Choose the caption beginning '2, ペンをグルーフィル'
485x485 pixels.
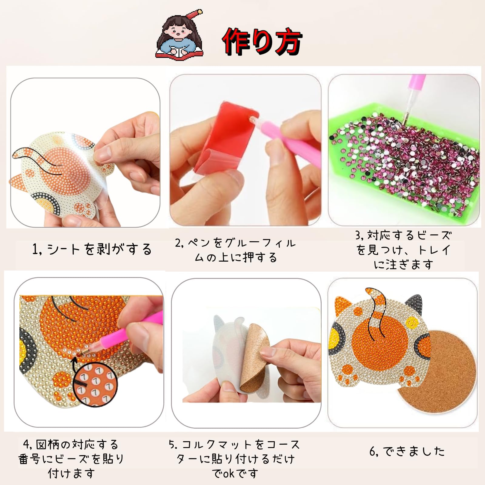[x=235, y=250]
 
